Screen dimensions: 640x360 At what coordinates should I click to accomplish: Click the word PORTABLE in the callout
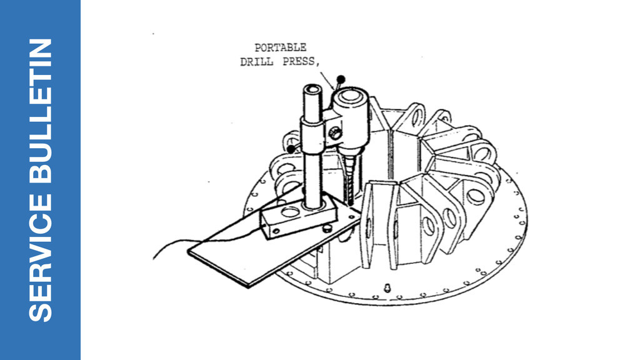pos(281,47)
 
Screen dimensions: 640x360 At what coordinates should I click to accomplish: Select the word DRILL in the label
pos(256,62)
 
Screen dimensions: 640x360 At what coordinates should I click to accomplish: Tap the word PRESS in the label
pos(297,62)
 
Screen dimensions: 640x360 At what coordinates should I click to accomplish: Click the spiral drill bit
pos(349,178)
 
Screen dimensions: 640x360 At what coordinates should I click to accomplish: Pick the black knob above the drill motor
pos(341,79)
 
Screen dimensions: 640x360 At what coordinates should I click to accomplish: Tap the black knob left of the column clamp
pos(291,149)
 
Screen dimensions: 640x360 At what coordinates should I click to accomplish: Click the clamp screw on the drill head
pos(336,133)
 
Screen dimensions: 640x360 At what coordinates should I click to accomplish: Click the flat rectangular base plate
pos(250,256)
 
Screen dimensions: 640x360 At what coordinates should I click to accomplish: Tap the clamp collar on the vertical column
pos(312,134)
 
